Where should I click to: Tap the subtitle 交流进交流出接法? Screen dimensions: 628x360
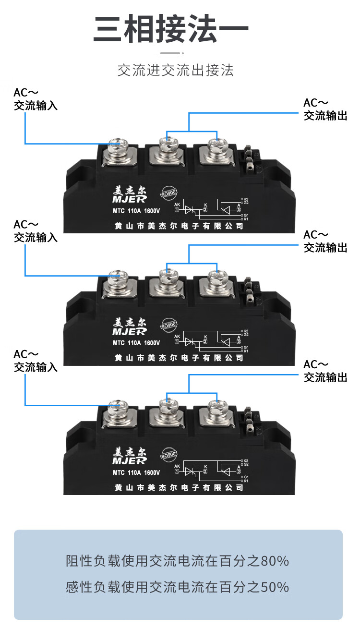176,70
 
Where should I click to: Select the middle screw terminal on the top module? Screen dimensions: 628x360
167,144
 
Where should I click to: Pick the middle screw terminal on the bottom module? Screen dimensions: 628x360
167,406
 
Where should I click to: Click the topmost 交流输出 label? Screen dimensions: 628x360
325,116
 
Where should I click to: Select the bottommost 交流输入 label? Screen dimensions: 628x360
36,367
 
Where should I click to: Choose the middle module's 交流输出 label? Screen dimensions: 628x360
325,248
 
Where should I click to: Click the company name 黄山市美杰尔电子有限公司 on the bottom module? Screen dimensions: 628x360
179,487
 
